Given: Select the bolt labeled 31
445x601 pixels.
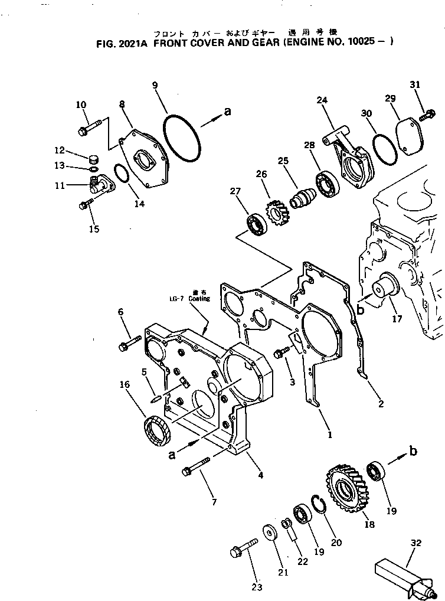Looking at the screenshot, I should coord(427,115).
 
